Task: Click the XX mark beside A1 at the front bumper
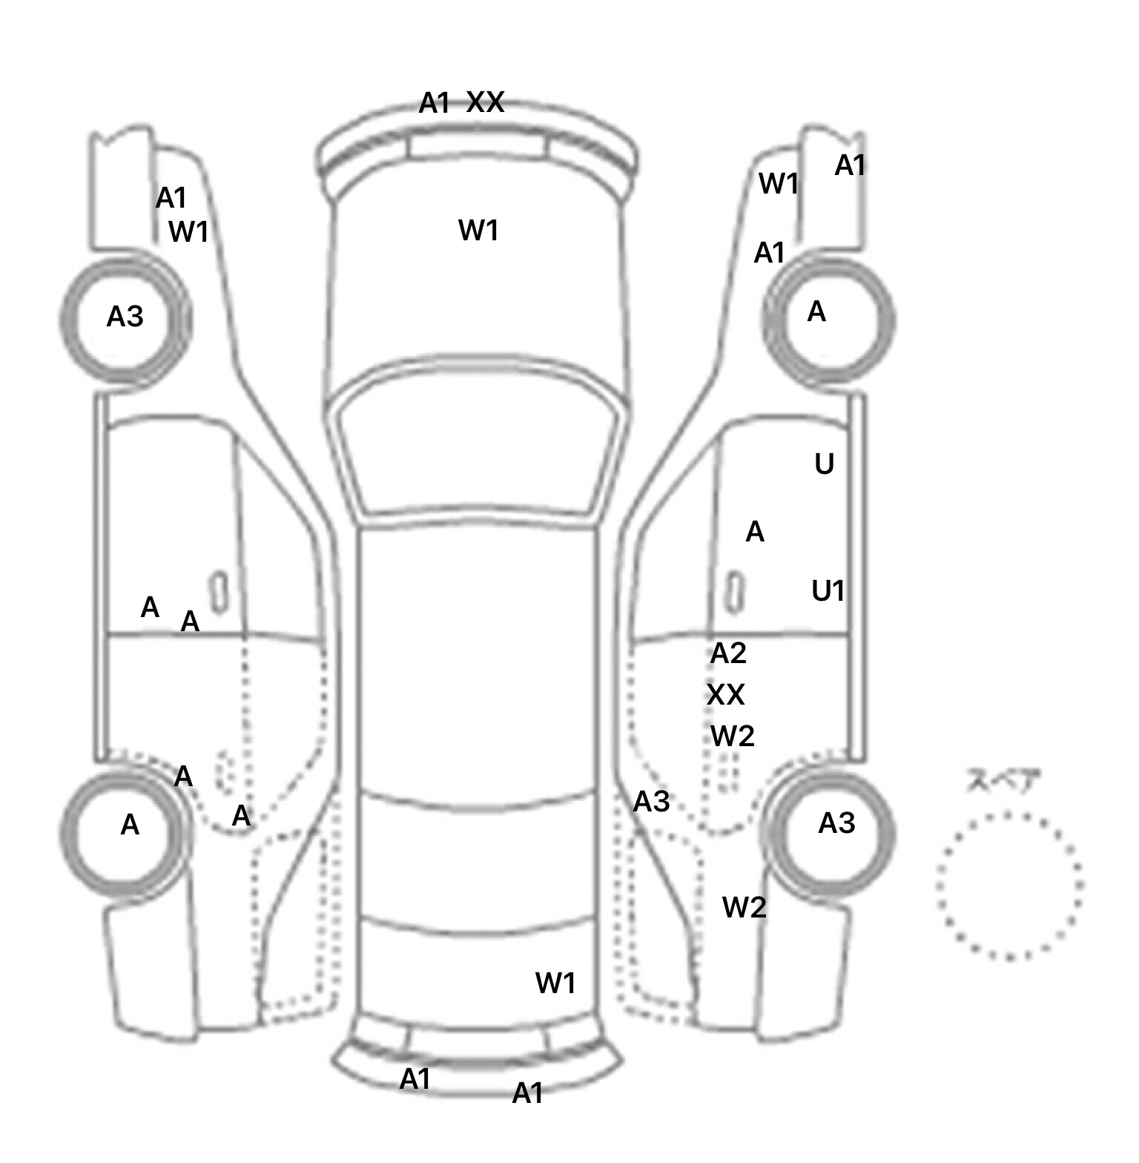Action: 486,102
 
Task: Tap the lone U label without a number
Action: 824,464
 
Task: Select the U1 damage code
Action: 828,591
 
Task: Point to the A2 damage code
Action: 727,653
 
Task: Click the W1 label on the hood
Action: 478,231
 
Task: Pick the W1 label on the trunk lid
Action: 555,984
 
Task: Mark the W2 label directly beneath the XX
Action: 733,737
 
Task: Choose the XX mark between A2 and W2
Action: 725,695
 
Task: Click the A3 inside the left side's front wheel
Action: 125,317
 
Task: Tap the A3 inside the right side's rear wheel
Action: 836,823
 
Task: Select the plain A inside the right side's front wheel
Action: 816,312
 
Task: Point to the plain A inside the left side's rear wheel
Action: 130,825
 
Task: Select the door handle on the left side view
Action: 218,593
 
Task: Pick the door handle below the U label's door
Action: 734,593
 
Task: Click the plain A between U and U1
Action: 755,532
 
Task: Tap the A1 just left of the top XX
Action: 435,103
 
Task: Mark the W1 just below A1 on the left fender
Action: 188,232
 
